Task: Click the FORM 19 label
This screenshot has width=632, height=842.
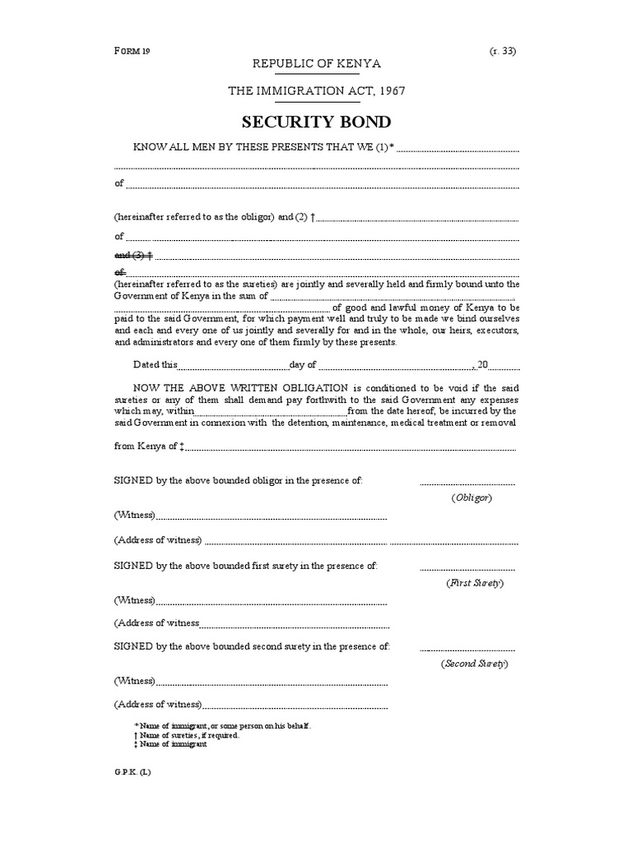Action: coord(132,50)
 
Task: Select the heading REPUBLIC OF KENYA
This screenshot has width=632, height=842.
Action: coord(316,64)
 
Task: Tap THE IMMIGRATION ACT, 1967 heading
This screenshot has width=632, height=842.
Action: coord(316,91)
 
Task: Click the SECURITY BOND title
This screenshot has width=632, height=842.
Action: coord(316,123)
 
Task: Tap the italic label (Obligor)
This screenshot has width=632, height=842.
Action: coord(472,498)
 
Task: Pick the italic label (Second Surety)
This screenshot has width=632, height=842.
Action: coord(474,663)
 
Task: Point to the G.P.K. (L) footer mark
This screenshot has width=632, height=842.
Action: coord(133,771)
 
